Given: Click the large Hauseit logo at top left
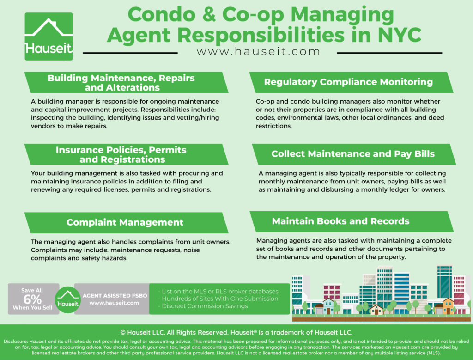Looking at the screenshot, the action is coord(49,37).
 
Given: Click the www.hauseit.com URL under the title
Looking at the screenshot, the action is coord(258,52).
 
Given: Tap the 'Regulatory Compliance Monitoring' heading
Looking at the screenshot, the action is coord(348,82).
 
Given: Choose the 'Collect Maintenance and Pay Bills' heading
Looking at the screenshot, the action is coord(353,154).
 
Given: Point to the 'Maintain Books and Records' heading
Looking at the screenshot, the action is coord(340,221).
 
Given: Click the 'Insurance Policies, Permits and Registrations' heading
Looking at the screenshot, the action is coord(121,154).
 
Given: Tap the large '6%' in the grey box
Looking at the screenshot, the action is coord(32,299).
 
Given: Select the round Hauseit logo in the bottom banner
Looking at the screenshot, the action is coord(67,299).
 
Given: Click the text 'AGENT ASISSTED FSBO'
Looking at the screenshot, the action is coord(115,296).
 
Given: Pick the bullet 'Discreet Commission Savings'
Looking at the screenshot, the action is coord(203,306).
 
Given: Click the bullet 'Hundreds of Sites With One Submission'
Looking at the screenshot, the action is coord(218,299).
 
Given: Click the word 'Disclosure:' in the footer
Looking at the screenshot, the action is coord(15,342).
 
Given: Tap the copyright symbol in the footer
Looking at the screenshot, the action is coord(123,333).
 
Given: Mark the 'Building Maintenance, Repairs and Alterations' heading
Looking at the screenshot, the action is coord(121,83).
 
